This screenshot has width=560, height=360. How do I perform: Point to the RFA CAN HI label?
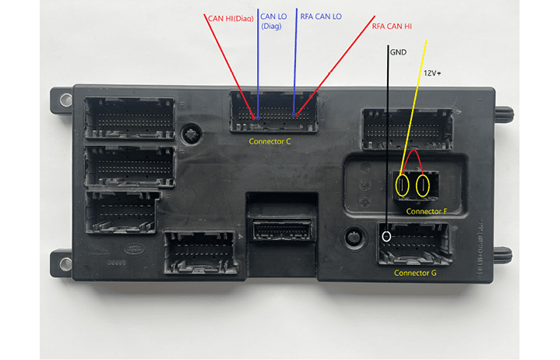point(392,26)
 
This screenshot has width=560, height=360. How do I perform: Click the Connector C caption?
point(269,142)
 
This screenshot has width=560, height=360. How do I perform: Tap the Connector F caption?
point(427,211)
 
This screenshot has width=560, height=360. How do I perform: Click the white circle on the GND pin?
point(386,236)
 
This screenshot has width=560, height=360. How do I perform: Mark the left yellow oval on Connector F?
point(403,185)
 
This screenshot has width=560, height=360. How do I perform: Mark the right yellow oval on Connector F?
point(424,185)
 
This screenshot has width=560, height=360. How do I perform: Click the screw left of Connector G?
point(355,236)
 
